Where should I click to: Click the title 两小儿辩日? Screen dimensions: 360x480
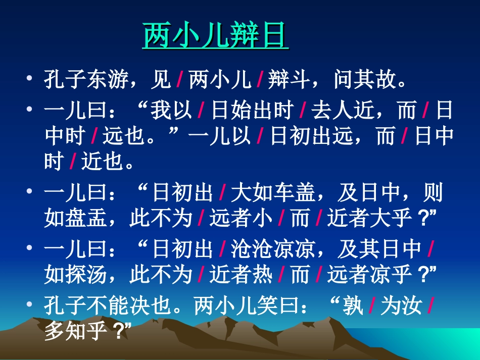[216, 35]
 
